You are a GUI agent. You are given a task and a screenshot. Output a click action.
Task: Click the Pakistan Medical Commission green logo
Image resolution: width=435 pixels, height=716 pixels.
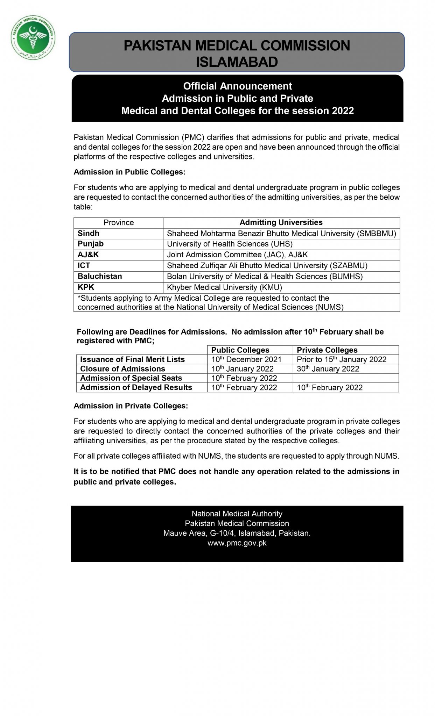[x=33, y=37]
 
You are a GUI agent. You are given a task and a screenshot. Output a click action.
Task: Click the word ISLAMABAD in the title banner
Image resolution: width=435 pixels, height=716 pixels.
[x=237, y=62]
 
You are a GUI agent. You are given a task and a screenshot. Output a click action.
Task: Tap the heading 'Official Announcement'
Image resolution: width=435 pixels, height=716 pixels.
[x=237, y=86]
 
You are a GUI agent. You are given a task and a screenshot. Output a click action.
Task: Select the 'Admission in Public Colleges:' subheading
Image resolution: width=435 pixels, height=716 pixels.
[x=129, y=172]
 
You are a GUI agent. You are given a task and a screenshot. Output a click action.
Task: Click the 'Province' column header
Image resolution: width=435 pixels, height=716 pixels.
[x=118, y=223]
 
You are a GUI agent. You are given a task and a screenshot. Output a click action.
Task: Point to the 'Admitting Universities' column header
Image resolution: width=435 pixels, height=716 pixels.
[x=281, y=223]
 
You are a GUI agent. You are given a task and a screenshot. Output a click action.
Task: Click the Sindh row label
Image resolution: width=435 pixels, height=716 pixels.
[x=88, y=234]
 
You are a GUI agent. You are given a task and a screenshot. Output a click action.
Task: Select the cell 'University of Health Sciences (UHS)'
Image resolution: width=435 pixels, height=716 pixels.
[x=230, y=244]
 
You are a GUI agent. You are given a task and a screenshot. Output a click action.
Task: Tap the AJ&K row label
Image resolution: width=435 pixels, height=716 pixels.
[x=88, y=255]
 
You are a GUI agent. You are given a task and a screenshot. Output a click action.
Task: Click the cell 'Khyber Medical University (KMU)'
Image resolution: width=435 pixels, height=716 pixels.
[x=224, y=287]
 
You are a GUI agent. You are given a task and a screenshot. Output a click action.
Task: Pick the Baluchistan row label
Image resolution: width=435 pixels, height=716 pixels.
[x=100, y=277]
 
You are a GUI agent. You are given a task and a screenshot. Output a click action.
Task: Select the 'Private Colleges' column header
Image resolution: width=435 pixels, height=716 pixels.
[x=327, y=350]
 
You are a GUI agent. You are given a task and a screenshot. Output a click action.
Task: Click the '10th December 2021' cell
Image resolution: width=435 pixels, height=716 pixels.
[x=246, y=359]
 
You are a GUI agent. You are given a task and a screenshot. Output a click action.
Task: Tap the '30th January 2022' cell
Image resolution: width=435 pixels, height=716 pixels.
[x=328, y=369]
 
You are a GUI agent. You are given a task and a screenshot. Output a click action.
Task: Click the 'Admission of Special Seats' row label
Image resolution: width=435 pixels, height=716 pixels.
[x=131, y=378]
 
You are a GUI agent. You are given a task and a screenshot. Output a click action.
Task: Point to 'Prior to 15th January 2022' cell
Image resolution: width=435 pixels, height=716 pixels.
[x=341, y=359]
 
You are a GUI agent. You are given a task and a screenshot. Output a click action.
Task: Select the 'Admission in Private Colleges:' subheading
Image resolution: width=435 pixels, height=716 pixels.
[x=131, y=406]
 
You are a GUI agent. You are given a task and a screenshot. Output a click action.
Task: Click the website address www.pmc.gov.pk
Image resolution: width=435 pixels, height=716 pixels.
[x=237, y=543]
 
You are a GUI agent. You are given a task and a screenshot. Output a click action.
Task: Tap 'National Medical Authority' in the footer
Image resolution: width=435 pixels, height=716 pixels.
[x=237, y=514]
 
